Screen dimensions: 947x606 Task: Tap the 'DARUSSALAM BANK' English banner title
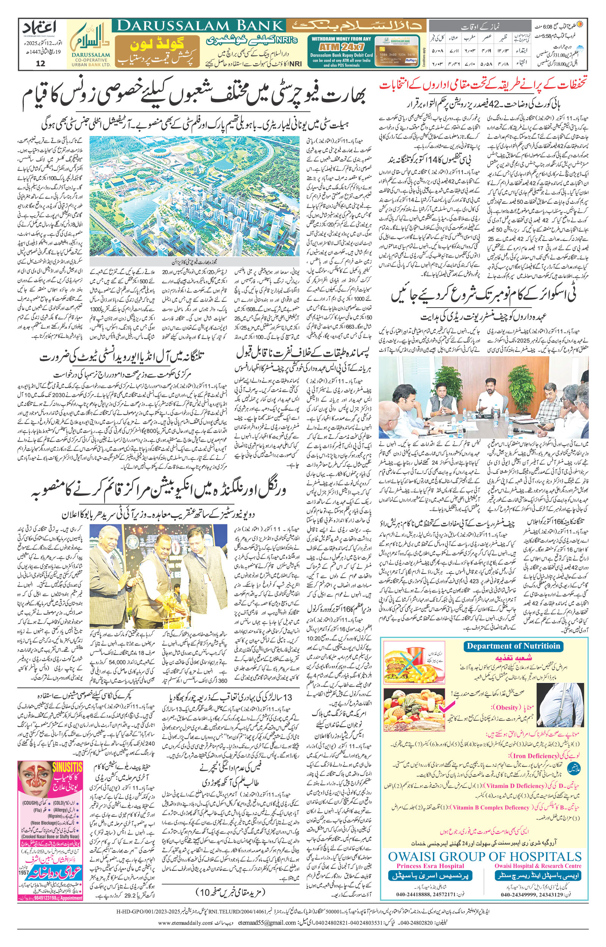click(200, 26)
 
